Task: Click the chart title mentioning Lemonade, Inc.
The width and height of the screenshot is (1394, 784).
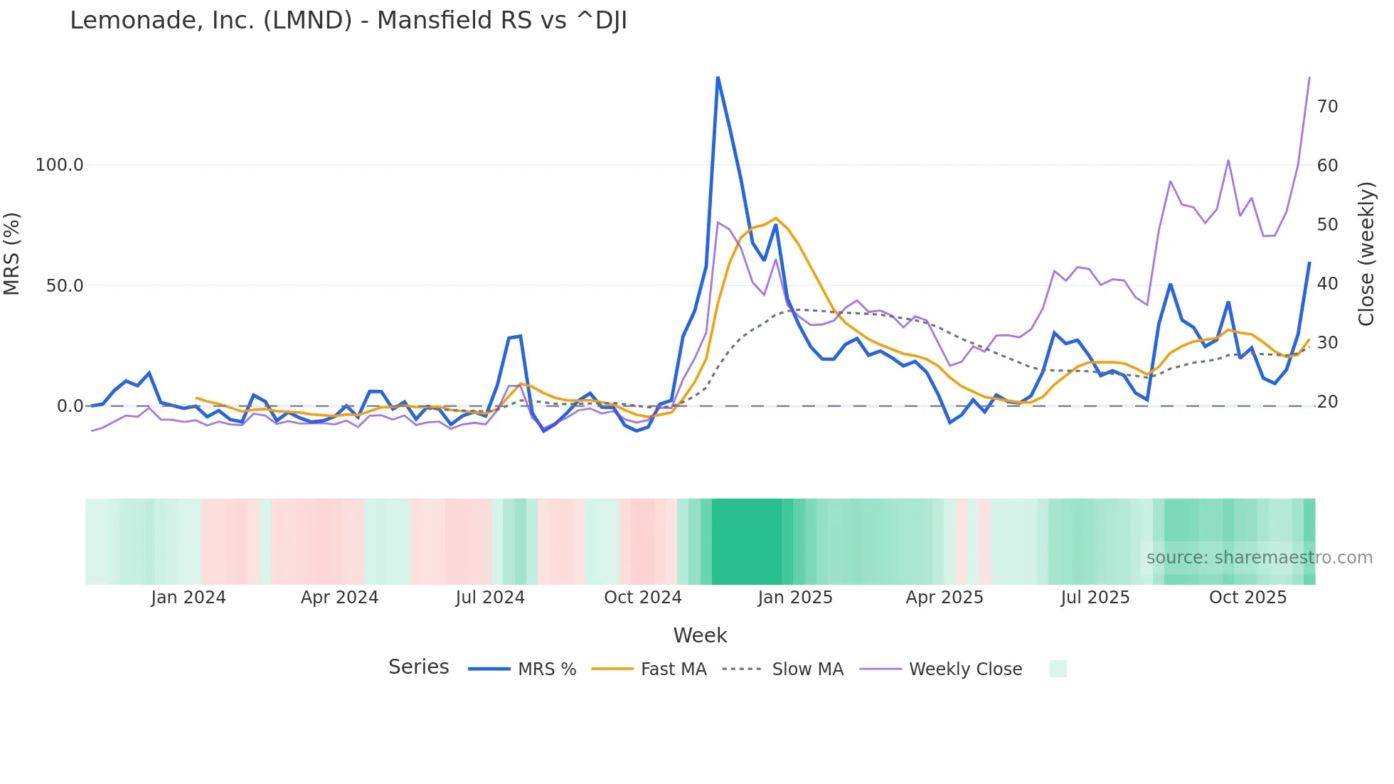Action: point(348,21)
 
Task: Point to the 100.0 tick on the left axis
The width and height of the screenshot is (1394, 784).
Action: point(60,165)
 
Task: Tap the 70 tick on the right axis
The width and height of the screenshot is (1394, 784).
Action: point(1327,107)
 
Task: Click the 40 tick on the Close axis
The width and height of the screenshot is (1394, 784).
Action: point(1327,284)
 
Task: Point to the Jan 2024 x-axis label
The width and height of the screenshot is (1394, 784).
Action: point(188,598)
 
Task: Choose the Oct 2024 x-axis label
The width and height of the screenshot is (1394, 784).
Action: point(643,598)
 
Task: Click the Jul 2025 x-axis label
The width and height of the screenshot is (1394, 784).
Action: point(1095,598)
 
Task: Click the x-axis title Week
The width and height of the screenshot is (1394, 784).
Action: point(700,635)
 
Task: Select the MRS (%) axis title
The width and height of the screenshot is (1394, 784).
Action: point(12,254)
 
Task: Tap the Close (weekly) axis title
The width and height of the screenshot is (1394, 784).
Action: point(1366,254)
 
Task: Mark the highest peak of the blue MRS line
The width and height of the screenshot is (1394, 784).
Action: point(718,77)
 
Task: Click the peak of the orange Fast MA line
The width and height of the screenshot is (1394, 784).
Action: point(776,218)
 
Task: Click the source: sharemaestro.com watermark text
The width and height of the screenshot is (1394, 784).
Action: point(1259,558)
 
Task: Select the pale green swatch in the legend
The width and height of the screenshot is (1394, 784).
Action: point(1058,669)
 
